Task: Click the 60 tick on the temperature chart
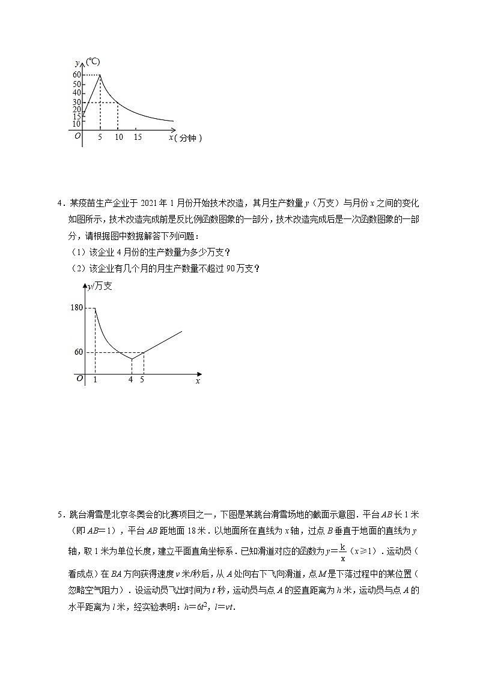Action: click(x=77, y=75)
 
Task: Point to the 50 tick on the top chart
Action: click(x=77, y=84)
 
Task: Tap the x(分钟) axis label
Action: click(x=185, y=138)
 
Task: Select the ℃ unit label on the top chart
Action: click(x=93, y=62)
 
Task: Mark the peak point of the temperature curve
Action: click(x=100, y=75)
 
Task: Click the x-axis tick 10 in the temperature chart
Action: click(x=118, y=137)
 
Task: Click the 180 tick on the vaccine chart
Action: click(x=76, y=308)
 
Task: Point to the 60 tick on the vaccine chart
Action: click(x=79, y=352)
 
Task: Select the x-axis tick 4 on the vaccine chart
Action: click(x=131, y=379)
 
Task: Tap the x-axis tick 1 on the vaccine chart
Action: click(x=95, y=379)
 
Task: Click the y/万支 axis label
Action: click(x=100, y=287)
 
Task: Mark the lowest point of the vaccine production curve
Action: click(x=132, y=359)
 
